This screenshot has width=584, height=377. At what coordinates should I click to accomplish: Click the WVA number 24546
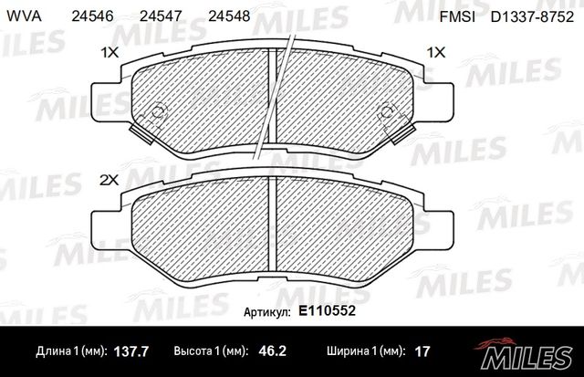91,16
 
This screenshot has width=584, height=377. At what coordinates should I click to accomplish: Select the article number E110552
327,311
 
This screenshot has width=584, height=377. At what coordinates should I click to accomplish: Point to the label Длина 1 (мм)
72,351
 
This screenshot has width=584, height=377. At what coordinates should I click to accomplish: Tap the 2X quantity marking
109,181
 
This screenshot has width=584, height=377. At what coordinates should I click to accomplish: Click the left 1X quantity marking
109,53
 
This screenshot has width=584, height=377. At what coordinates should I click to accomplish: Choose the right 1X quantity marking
436,53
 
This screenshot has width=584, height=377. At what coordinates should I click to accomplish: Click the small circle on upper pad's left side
156,113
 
